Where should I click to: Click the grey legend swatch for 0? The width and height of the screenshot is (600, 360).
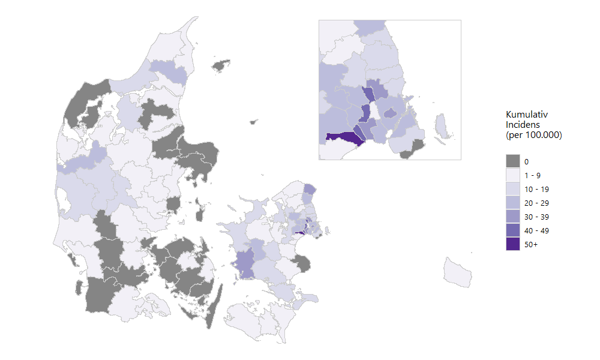[512, 161]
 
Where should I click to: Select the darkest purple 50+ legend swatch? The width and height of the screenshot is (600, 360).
[512, 244]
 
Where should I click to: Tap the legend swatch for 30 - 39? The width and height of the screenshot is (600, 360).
[512, 217]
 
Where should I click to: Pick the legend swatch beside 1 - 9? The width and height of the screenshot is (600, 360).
[512, 175]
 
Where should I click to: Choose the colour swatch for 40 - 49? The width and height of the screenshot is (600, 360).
[512, 230]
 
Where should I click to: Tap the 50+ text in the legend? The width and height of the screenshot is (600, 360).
[530, 244]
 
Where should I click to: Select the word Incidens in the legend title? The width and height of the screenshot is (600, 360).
[523, 124]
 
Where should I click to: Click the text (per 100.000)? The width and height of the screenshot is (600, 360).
[534, 135]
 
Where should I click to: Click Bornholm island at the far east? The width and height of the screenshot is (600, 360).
[458, 271]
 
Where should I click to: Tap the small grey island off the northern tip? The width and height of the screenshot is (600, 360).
[221, 64]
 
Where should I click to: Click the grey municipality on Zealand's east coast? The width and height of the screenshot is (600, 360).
[302, 262]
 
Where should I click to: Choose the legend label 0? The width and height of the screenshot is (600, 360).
[526, 161]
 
